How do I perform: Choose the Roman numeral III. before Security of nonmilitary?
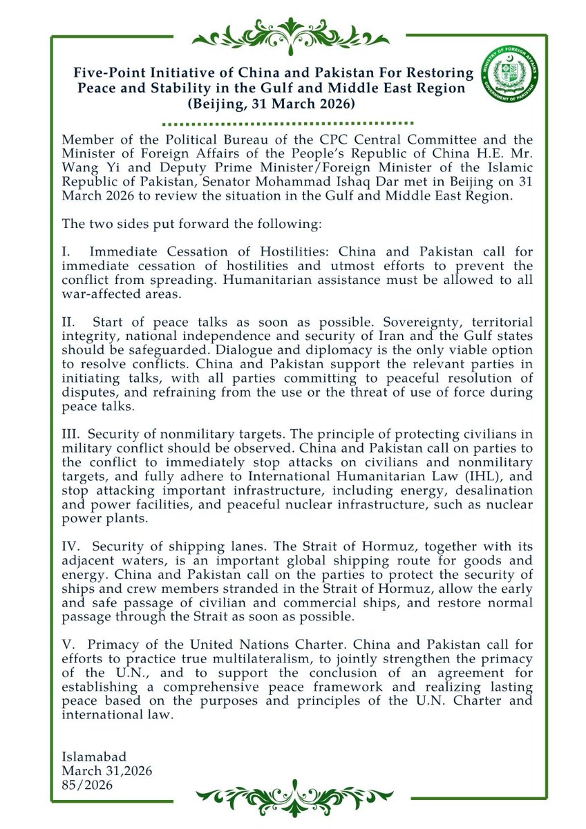click(72, 434)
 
